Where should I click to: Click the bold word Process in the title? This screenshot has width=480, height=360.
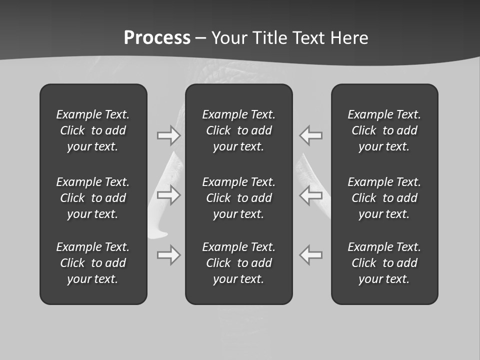click(x=157, y=38)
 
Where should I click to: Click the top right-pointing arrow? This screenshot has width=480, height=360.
click(x=168, y=135)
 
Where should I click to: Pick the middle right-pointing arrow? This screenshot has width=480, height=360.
click(x=168, y=195)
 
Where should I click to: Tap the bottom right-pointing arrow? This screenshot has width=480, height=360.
click(x=168, y=255)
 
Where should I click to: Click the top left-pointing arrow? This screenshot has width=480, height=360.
click(x=311, y=135)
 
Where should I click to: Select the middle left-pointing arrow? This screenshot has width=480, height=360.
click(x=311, y=195)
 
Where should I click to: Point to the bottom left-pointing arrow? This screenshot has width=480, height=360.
click(x=311, y=255)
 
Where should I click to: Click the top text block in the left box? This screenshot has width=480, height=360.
click(x=93, y=130)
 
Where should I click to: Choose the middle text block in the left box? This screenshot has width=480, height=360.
click(x=93, y=198)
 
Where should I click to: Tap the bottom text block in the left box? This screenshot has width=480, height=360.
click(x=93, y=263)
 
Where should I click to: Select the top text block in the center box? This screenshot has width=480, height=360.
click(x=238, y=130)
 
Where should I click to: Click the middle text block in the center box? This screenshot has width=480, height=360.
click(x=238, y=198)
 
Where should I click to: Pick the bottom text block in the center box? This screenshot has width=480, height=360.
click(x=238, y=263)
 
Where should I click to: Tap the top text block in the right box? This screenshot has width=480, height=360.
click(x=384, y=130)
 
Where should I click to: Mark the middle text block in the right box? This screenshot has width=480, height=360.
click(x=384, y=198)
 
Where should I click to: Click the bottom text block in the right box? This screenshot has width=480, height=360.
click(x=384, y=263)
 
